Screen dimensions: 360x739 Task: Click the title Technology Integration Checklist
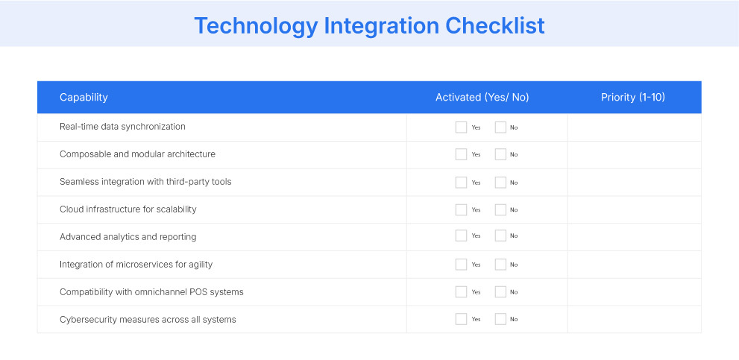pyautogui.click(x=369, y=25)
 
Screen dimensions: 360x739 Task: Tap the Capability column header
pyautogui.click(x=84, y=98)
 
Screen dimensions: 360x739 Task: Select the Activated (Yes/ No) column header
pyautogui.click(x=482, y=98)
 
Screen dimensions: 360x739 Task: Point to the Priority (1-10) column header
pyautogui.click(x=633, y=98)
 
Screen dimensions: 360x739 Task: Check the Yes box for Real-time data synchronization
pyautogui.click(x=461, y=127)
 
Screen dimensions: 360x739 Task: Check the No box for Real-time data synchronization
pyautogui.click(x=500, y=127)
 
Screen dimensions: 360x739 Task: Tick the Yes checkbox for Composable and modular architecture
pyautogui.click(x=461, y=154)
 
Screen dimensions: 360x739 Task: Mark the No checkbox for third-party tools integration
pyautogui.click(x=500, y=182)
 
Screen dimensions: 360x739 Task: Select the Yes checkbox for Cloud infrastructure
pyautogui.click(x=461, y=209)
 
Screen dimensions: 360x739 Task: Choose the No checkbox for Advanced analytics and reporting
pyautogui.click(x=500, y=236)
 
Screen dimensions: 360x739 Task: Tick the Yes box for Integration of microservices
pyautogui.click(x=461, y=265)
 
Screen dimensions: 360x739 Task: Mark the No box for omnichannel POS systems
pyautogui.click(x=500, y=291)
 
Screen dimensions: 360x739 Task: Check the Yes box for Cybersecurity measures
pyautogui.click(x=461, y=319)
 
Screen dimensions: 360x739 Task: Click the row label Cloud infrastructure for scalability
pyautogui.click(x=128, y=209)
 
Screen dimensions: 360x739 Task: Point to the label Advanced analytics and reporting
pyautogui.click(x=128, y=237)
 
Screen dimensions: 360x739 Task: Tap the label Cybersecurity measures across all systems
pyautogui.click(x=148, y=320)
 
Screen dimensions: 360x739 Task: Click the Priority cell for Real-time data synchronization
pyautogui.click(x=634, y=127)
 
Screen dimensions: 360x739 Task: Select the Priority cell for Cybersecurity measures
pyautogui.click(x=634, y=319)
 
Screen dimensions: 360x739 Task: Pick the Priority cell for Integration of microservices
pyautogui.click(x=634, y=265)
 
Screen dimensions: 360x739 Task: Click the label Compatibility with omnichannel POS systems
pyautogui.click(x=151, y=292)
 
